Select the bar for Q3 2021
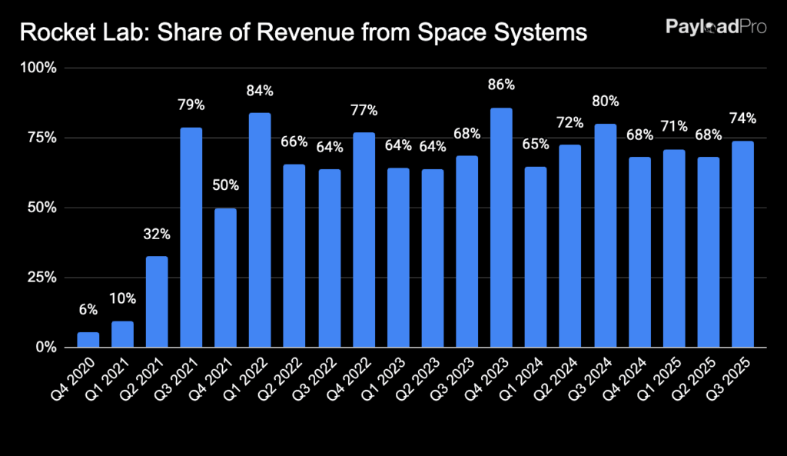coord(191,238)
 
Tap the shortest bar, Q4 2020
coord(88,339)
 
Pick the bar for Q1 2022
coord(260,230)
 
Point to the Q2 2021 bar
coord(157,301)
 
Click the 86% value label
coord(502,85)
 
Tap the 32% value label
coord(157,234)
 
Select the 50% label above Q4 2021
coord(226,185)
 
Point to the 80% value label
coord(605,101)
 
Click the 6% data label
coord(88,309)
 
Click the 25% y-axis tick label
coord(44,278)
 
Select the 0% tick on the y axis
coord(47,348)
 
